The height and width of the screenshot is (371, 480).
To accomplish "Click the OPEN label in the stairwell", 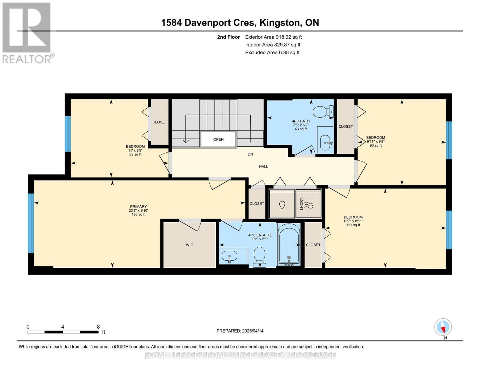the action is [x=218, y=139].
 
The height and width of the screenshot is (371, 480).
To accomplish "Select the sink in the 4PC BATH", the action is [x=326, y=143].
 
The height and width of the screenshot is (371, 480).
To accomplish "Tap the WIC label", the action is [x=189, y=245].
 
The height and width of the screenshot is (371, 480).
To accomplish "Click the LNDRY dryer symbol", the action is [x=308, y=203].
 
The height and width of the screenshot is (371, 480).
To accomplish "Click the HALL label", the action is [x=263, y=167].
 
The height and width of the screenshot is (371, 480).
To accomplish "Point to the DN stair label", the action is [x=250, y=154].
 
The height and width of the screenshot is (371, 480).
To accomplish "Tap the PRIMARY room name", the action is [x=138, y=207].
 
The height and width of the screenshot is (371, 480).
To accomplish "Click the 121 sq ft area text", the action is [x=353, y=225].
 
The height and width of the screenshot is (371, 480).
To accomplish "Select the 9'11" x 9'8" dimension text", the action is [x=376, y=141].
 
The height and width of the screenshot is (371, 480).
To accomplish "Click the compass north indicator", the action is [x=443, y=327].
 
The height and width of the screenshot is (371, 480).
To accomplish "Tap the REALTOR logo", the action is [x=28, y=33].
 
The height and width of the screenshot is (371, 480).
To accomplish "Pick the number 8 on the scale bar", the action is [x=98, y=326].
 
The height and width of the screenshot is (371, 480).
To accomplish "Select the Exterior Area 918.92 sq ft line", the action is [x=273, y=37].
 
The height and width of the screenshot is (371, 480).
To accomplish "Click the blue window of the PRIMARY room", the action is [x=31, y=223].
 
